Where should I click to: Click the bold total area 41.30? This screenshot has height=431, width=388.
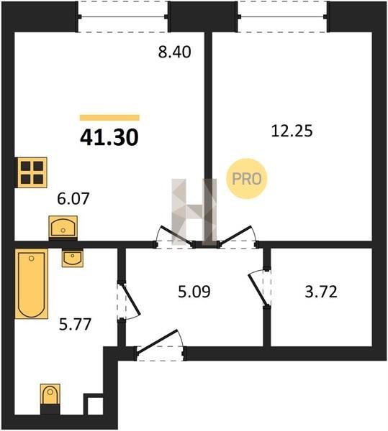tap(109, 137)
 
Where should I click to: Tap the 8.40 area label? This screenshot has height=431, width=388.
tap(174, 52)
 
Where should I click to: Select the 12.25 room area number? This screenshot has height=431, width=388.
tap(292, 131)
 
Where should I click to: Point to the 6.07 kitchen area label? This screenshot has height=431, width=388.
tap(73, 198)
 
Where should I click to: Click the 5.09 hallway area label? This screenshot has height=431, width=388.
tap(194, 292)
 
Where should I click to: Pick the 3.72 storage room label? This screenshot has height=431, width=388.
tap(321, 292)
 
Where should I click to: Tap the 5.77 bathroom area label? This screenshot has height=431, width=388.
tap(75, 324)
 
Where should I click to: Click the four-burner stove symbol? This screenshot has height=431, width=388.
tap(32, 172)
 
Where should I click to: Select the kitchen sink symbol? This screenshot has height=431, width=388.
tap(63, 226)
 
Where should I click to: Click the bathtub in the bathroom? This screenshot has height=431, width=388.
tap(32, 284)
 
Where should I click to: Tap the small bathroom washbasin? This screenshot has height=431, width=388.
tap(73, 258)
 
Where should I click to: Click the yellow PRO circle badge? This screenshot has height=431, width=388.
tap(246, 179)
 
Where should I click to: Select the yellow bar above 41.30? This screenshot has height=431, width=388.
tap(109, 118)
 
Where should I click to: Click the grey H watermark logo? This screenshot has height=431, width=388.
tap(194, 212)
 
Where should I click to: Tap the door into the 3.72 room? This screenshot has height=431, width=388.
tap(258, 289)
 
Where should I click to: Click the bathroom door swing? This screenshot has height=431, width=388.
tap(131, 301)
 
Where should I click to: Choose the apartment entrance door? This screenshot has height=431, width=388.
tap(160, 342)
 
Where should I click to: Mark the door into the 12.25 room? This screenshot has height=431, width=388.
tap(237, 236)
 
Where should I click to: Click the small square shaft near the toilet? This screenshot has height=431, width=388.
tap(94, 404)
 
